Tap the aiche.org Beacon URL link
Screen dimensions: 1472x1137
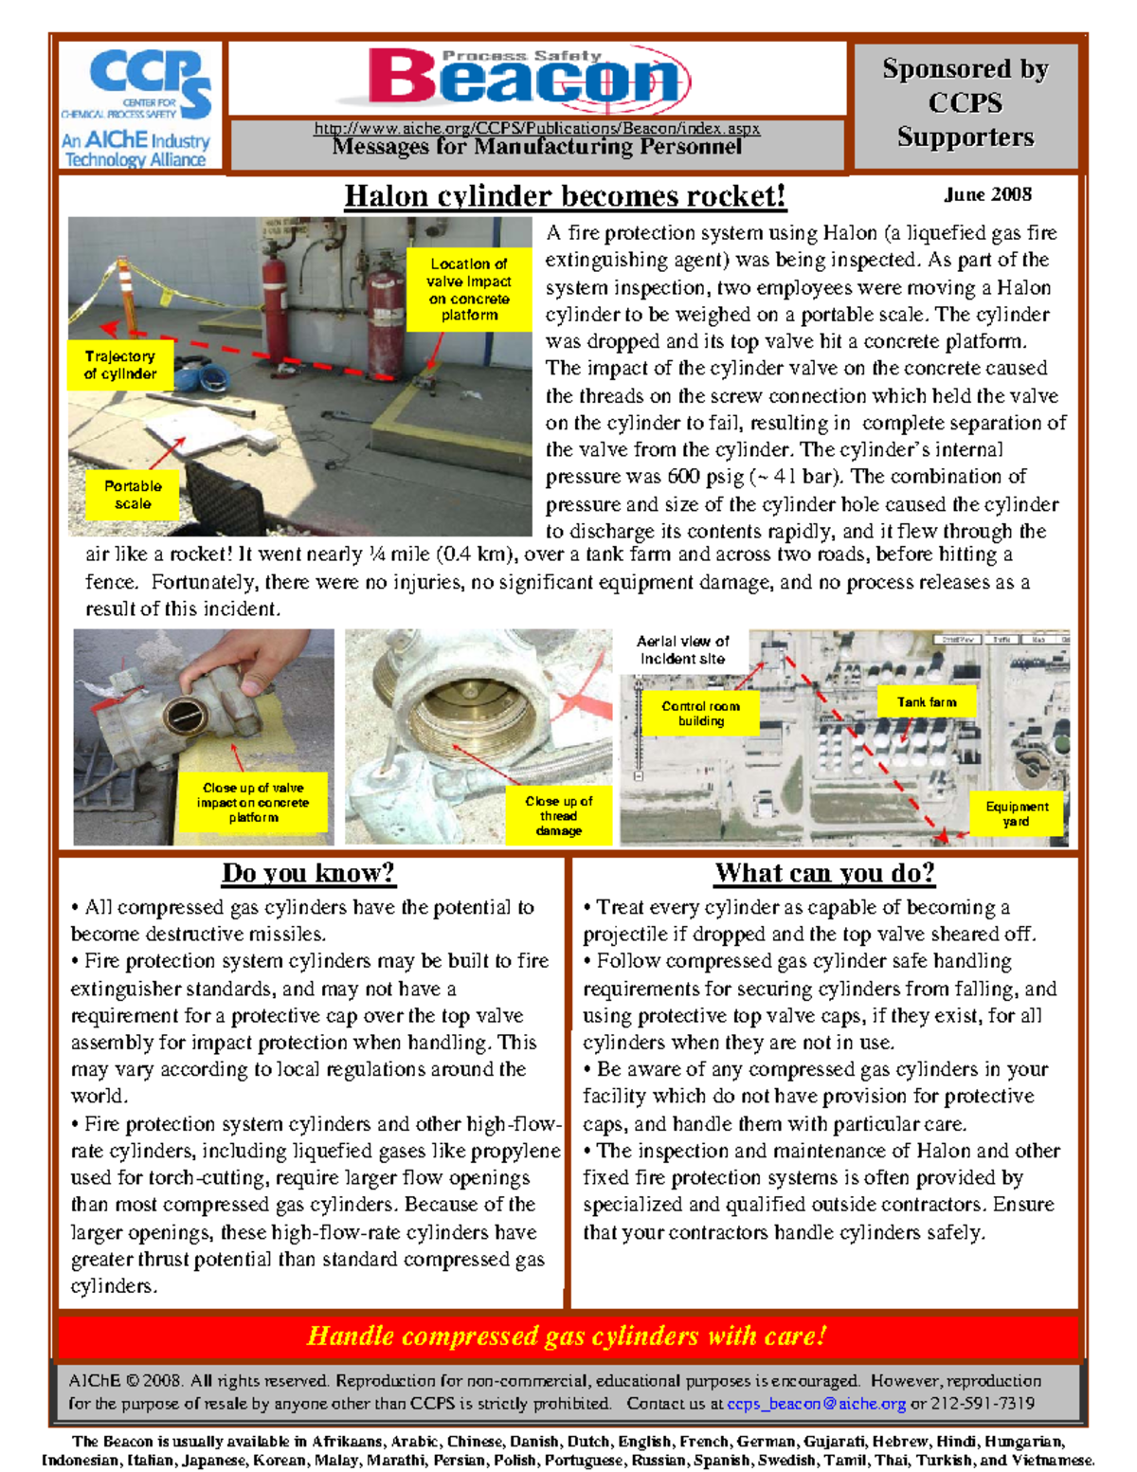[x=536, y=128]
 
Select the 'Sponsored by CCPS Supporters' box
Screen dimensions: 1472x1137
[x=965, y=103]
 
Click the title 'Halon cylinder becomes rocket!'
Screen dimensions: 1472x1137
[x=565, y=196]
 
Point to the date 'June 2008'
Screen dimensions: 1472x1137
[x=987, y=194]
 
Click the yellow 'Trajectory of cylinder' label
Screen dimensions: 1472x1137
[x=120, y=365]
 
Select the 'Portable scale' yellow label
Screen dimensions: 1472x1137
[x=133, y=495]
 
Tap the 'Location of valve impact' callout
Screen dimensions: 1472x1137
[x=469, y=289]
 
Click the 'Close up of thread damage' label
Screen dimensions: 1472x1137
[x=558, y=815]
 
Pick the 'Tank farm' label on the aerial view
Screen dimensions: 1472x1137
[x=926, y=702]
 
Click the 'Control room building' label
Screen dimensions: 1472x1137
[x=700, y=714]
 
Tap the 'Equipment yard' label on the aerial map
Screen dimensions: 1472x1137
[x=1017, y=814]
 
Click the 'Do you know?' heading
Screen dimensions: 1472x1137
[x=308, y=873]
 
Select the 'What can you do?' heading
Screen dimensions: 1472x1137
[x=824, y=873]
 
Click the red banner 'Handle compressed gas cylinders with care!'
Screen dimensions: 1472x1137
[x=567, y=1336]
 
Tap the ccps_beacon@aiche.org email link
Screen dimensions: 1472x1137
[x=816, y=1404]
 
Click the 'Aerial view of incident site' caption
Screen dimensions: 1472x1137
[x=682, y=650]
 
